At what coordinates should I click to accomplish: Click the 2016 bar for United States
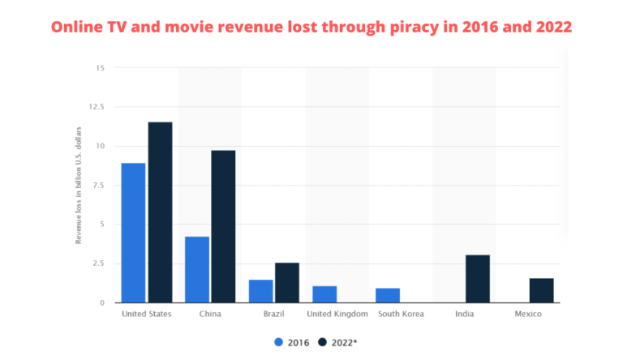133,233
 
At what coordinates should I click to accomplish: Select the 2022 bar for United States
160,212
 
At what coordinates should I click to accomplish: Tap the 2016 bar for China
197,269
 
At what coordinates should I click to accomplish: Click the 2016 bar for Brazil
260,291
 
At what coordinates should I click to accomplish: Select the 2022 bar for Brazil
286,282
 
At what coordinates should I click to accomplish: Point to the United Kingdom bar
324,294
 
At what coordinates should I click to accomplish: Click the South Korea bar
387,295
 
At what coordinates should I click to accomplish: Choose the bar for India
477,279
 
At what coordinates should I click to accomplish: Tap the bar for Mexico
541,290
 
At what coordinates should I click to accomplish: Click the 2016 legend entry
291,342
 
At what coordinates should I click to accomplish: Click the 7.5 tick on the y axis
97,185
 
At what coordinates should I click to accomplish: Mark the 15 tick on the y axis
100,67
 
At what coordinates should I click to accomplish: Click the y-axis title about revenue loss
79,185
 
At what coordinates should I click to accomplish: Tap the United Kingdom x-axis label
338,314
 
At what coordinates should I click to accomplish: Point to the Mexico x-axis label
528,314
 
